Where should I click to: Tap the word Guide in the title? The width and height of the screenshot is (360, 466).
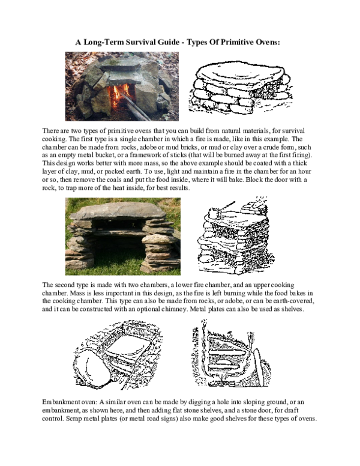click(168, 42)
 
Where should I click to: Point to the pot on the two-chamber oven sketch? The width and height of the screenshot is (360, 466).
click(214, 213)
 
